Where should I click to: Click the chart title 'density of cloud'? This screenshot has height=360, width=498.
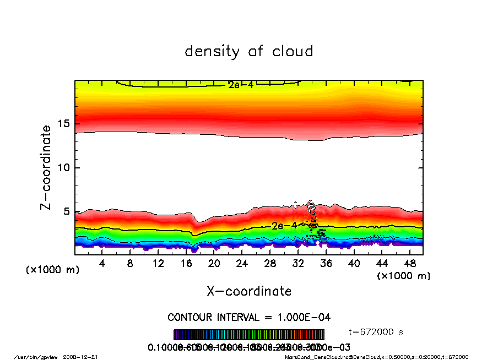click(248, 52)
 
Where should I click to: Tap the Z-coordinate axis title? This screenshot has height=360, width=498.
click(46, 167)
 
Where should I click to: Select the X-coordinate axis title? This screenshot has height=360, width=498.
click(249, 291)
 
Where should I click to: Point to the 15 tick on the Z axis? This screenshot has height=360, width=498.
click(64, 123)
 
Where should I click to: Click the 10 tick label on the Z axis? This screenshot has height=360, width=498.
click(64, 167)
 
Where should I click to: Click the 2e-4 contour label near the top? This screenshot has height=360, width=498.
click(240, 85)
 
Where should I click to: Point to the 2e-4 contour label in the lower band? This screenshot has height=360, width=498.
click(284, 226)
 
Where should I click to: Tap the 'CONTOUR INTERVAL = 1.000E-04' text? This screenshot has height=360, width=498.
click(249, 318)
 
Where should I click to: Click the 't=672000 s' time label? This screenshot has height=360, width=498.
click(377, 331)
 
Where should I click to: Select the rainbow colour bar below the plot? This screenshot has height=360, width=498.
click(249, 335)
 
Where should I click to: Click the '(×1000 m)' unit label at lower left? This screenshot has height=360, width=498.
click(53, 270)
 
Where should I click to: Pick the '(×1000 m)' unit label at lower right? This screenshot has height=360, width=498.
click(403, 275)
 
